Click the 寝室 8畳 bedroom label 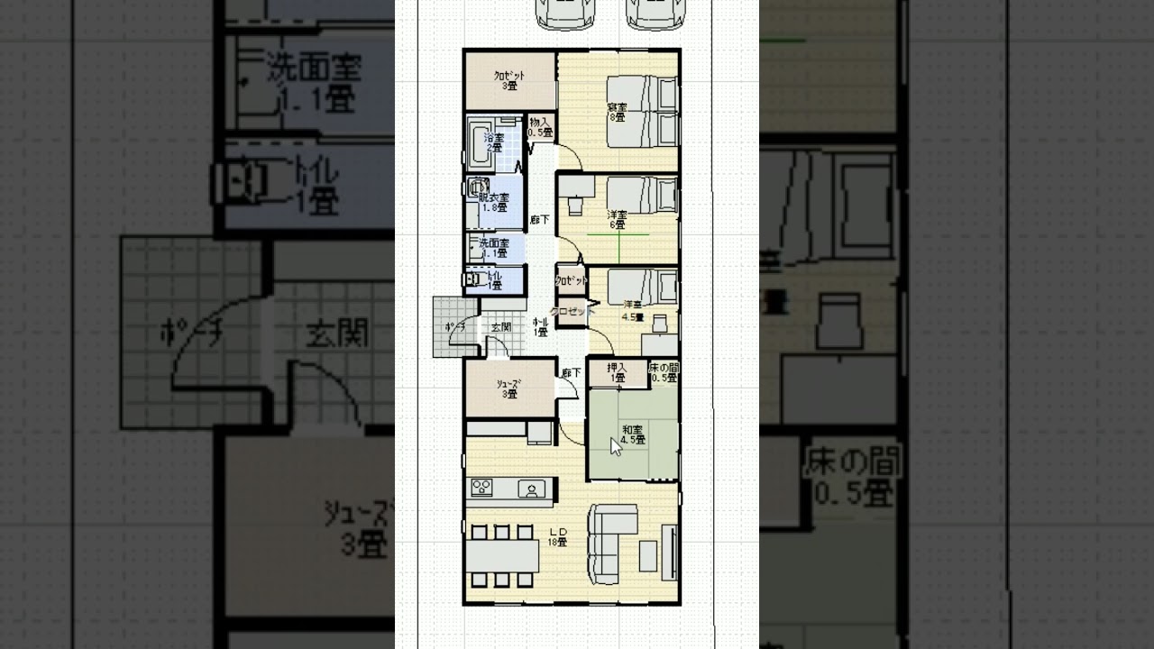(617, 114)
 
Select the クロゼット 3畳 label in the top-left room (509, 81)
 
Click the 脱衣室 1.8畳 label (494, 202)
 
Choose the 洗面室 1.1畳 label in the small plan (493, 249)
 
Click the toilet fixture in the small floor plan (472, 280)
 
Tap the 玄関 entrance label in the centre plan (500, 327)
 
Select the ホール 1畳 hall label (541, 326)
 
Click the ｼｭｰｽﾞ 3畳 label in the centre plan (509, 388)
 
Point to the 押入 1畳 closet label (618, 372)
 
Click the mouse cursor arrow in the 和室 (616, 445)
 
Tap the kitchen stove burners (481, 488)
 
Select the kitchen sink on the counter (530, 489)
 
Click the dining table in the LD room (502, 553)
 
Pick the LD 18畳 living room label (557, 537)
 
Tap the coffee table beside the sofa (648, 554)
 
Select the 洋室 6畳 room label (618, 219)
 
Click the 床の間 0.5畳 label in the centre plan (664, 372)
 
